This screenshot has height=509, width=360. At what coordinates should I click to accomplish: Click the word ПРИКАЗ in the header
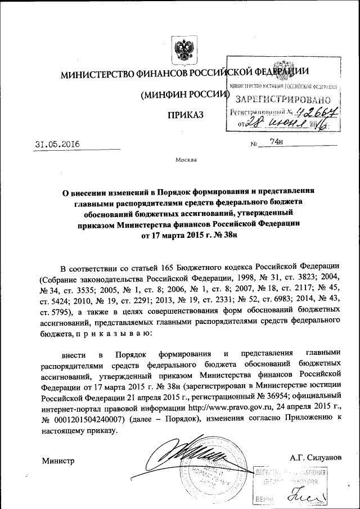click(x=186, y=116)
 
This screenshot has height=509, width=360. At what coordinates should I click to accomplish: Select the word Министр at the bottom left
click(x=58, y=461)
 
